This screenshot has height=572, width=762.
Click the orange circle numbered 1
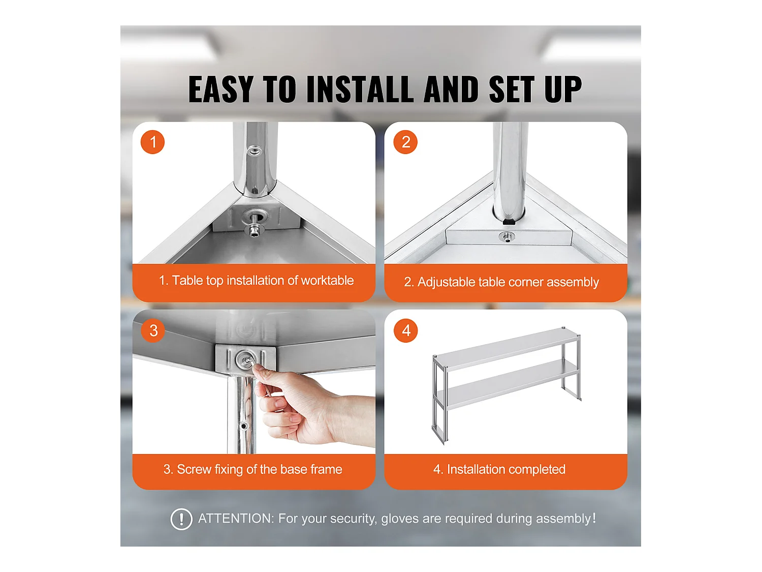(x=152, y=142)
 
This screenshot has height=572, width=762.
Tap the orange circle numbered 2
(x=405, y=142)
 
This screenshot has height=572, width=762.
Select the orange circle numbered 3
(x=153, y=330)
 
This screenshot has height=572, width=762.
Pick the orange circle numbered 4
(x=405, y=330)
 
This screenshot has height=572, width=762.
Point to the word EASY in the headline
(x=220, y=89)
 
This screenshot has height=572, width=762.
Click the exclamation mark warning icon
(x=181, y=519)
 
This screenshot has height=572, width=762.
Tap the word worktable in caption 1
(x=327, y=280)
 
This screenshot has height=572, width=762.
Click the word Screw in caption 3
(x=194, y=469)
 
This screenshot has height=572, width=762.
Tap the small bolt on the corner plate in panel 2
(x=507, y=237)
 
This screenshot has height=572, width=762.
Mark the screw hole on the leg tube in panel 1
(x=255, y=150)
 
